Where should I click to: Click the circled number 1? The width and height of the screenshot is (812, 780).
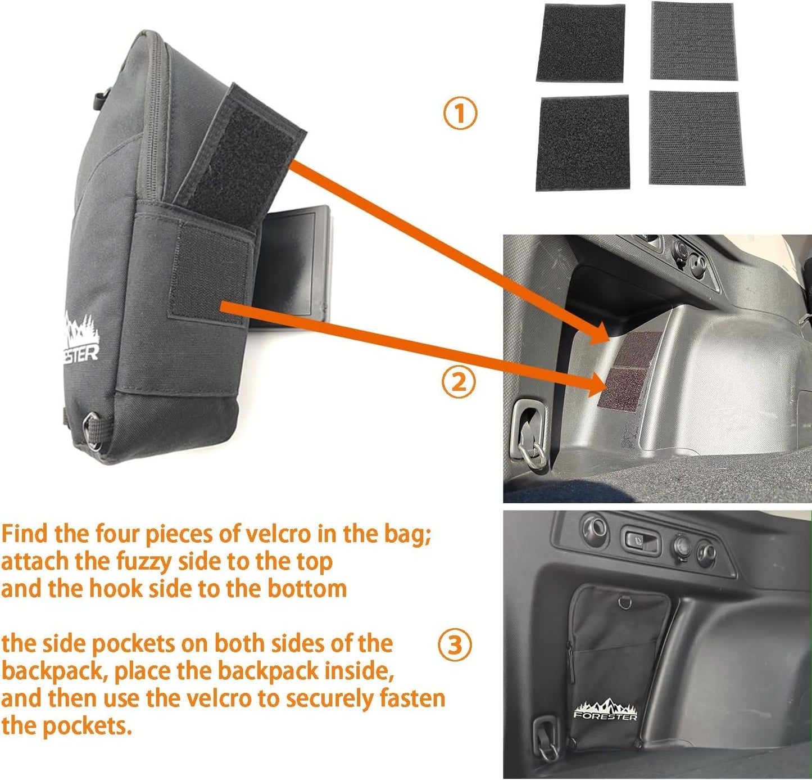[x=460, y=114]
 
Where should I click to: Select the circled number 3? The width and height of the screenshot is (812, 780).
[x=455, y=645]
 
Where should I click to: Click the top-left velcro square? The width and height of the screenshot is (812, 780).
[x=580, y=43]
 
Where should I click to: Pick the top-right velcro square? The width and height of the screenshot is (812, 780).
[x=693, y=40]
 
